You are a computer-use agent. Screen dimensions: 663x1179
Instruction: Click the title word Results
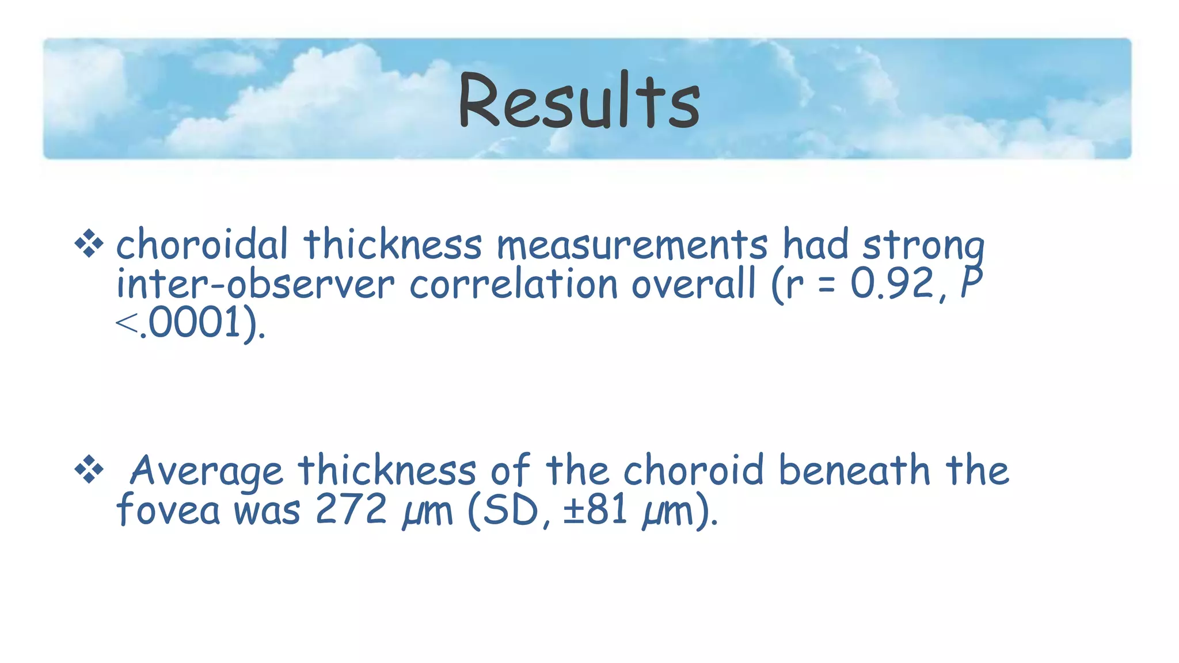579,101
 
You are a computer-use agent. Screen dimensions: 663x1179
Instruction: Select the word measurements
632,245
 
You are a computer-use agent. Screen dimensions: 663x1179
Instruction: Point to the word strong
924,246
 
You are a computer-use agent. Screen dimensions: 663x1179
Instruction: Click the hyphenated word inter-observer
256,284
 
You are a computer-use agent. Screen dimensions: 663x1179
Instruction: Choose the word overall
694,284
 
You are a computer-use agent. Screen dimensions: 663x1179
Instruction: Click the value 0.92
892,283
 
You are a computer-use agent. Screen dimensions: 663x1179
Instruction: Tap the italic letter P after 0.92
972,282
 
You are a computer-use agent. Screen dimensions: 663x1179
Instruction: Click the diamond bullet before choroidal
89,244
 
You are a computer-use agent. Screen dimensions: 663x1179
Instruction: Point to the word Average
207,471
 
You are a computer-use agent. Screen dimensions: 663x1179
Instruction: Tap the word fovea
168,510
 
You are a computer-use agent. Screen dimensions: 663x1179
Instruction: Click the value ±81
595,510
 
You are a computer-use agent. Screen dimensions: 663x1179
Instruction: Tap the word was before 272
267,511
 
